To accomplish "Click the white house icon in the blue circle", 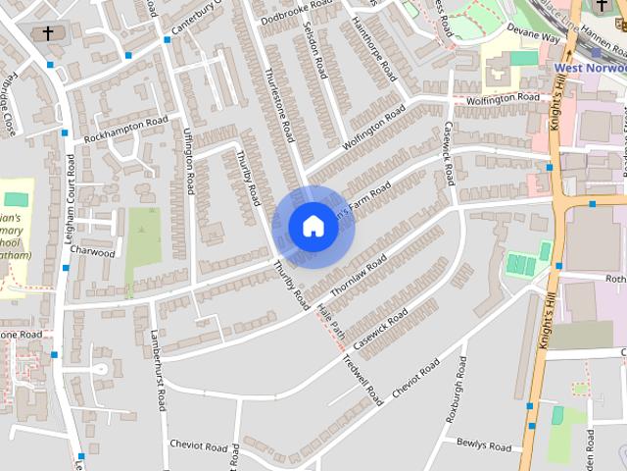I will (313, 226).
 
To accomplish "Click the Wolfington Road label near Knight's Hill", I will (503, 98).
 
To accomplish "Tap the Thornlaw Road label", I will (359, 275).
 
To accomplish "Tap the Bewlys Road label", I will (484, 446).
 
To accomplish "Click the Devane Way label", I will (536, 36).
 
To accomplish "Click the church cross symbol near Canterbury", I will (48, 33).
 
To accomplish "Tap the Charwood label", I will (92, 252).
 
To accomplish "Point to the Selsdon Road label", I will (315, 51).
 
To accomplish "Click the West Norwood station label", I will (590, 69).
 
